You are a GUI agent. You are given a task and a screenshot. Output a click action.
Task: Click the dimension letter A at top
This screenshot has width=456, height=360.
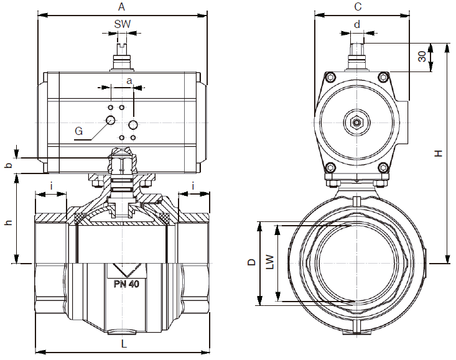[122, 7]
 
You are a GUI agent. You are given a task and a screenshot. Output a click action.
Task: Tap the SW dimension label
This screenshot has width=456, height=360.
[123, 24]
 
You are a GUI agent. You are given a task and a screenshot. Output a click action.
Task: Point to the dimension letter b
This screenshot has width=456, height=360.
[8, 165]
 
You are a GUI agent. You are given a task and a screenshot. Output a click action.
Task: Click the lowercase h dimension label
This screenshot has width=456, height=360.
[7, 223]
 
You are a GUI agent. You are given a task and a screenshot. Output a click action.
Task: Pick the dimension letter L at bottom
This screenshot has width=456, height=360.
[124, 343]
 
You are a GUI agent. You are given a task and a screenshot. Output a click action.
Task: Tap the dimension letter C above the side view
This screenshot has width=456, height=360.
[358, 7]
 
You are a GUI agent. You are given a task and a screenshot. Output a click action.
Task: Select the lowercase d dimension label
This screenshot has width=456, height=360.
[357, 24]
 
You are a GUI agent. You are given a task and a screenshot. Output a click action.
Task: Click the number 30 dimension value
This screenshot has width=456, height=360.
[422, 57]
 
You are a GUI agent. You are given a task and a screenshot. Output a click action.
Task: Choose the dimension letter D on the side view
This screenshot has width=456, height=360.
[251, 262]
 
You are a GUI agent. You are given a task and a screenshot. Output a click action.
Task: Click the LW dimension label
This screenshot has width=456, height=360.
[269, 262]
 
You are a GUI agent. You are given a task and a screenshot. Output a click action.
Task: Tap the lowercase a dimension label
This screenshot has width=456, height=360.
[129, 81]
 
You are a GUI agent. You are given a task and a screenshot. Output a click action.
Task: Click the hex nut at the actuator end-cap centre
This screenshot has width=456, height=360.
[356, 122]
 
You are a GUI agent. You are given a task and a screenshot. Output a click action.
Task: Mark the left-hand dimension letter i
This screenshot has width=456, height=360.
[52, 185]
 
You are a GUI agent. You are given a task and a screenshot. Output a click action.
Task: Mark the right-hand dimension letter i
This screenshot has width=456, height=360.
[193, 185]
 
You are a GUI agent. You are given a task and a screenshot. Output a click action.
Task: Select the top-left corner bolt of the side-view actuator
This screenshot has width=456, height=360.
[330, 78]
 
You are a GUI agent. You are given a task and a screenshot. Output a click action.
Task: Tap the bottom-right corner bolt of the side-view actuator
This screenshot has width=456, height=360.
[384, 167]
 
